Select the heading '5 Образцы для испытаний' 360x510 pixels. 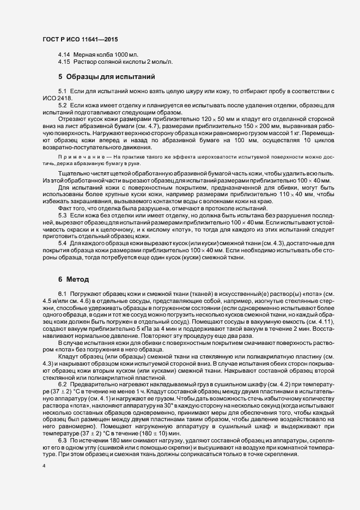[107, 76]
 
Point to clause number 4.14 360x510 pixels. [64, 55]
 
